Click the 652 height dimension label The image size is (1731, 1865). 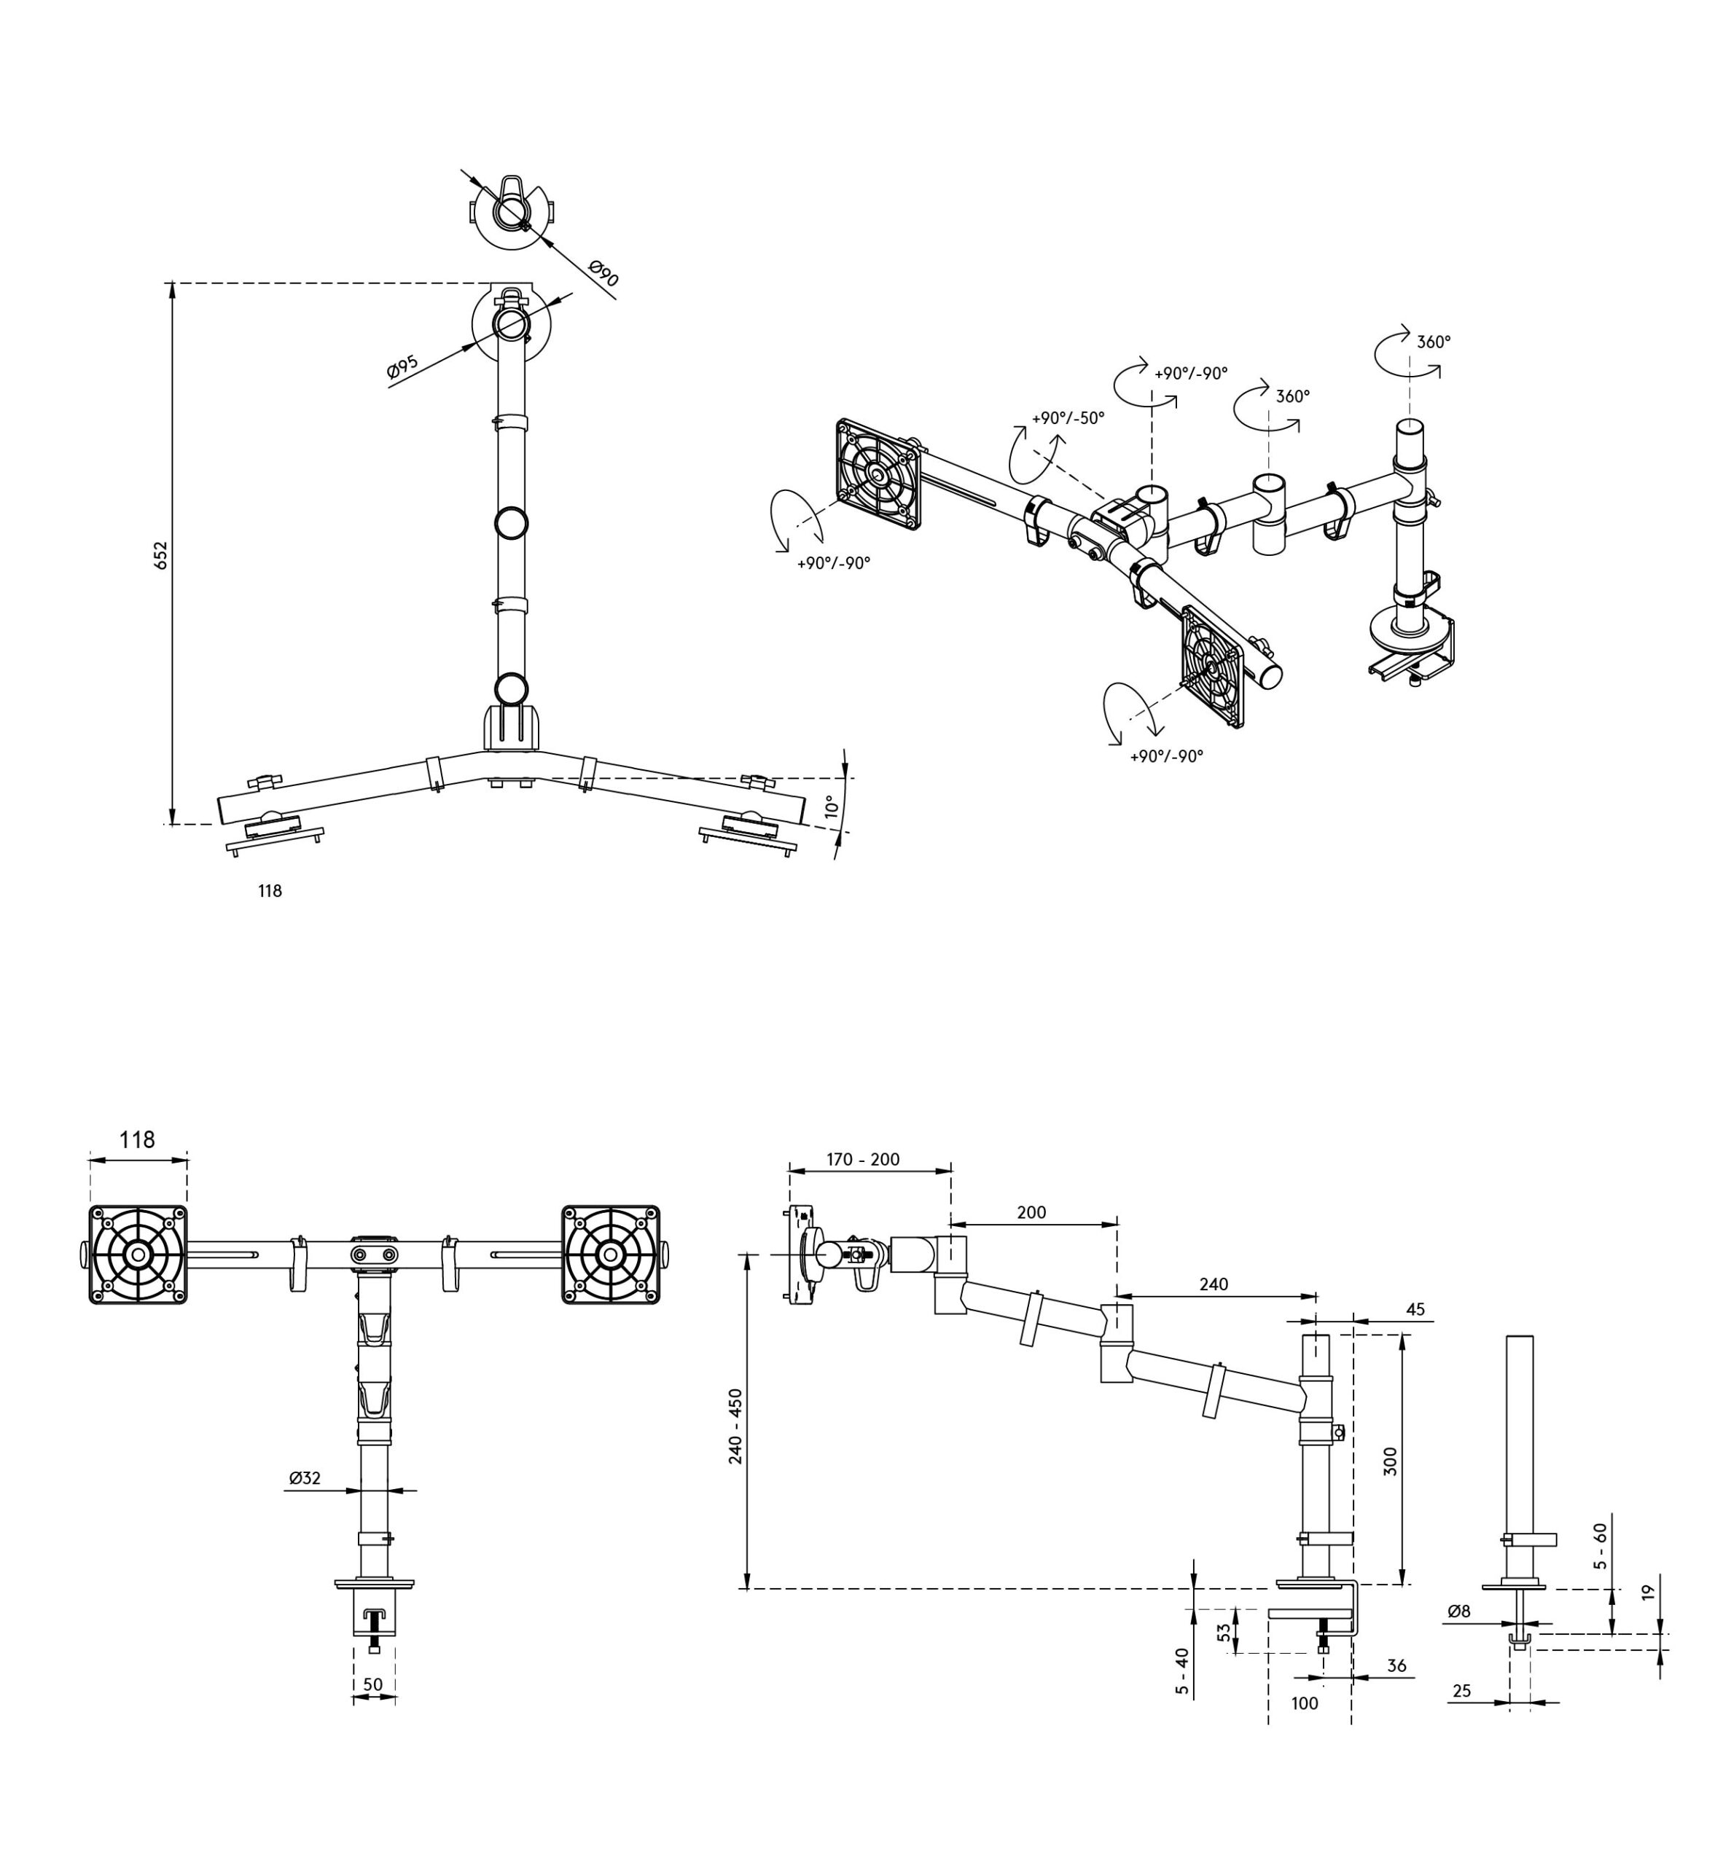(161, 555)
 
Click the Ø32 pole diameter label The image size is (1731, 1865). (305, 1478)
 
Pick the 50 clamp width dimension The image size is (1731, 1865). (372, 1684)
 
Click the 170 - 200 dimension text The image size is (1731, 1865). (863, 1160)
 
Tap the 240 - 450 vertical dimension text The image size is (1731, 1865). (736, 1426)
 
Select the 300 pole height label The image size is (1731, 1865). (1391, 1461)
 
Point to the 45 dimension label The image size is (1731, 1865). (1415, 1309)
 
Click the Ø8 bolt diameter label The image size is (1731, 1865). (1458, 1611)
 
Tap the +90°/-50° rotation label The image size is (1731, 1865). (1068, 417)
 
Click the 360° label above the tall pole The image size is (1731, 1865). (1433, 342)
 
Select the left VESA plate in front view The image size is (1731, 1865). (138, 1254)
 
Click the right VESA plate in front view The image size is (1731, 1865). (611, 1254)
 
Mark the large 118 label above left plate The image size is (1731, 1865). (138, 1139)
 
